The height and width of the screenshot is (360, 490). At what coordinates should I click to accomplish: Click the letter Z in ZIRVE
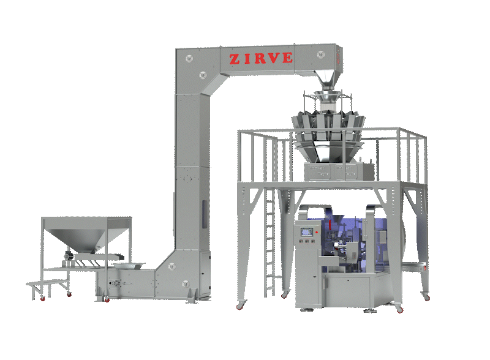pos(235,59)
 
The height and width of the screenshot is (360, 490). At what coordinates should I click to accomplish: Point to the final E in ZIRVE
pos(287,58)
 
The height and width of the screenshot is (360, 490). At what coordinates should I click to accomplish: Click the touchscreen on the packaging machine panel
pos(307,231)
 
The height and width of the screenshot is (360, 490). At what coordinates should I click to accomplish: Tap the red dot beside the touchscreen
pos(317,232)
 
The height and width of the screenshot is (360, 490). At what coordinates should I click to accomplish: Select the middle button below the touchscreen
pos(307,241)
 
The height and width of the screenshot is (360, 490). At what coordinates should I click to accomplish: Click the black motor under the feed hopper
pos(69,256)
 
